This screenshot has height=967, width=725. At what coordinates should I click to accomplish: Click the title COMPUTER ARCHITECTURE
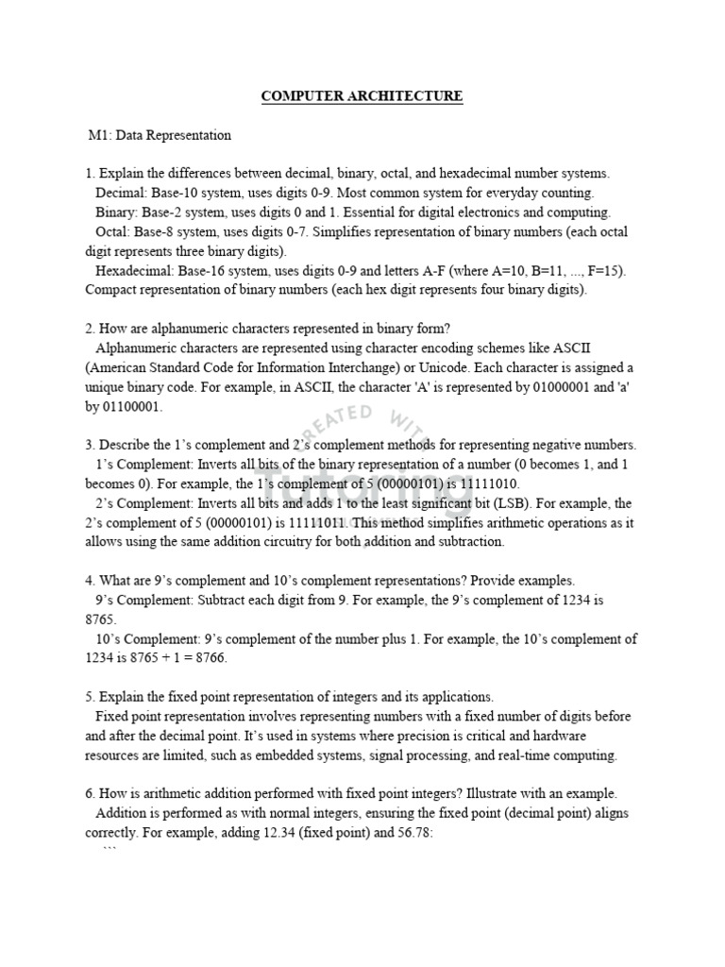(x=362, y=97)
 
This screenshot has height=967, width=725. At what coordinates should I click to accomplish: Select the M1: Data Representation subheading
(x=160, y=135)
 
